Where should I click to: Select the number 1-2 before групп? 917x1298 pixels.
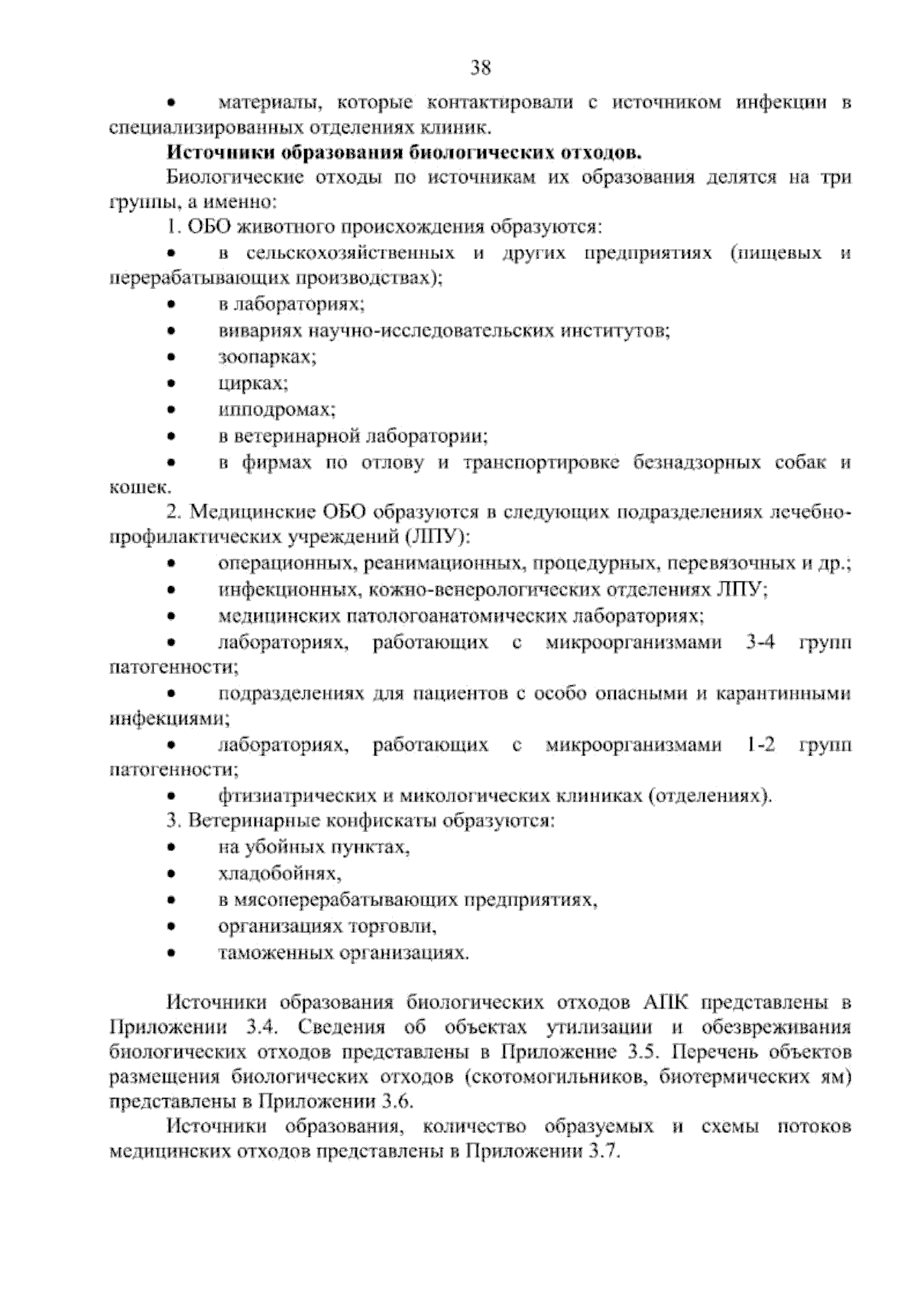[759, 745]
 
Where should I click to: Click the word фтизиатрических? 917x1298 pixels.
[297, 797]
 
